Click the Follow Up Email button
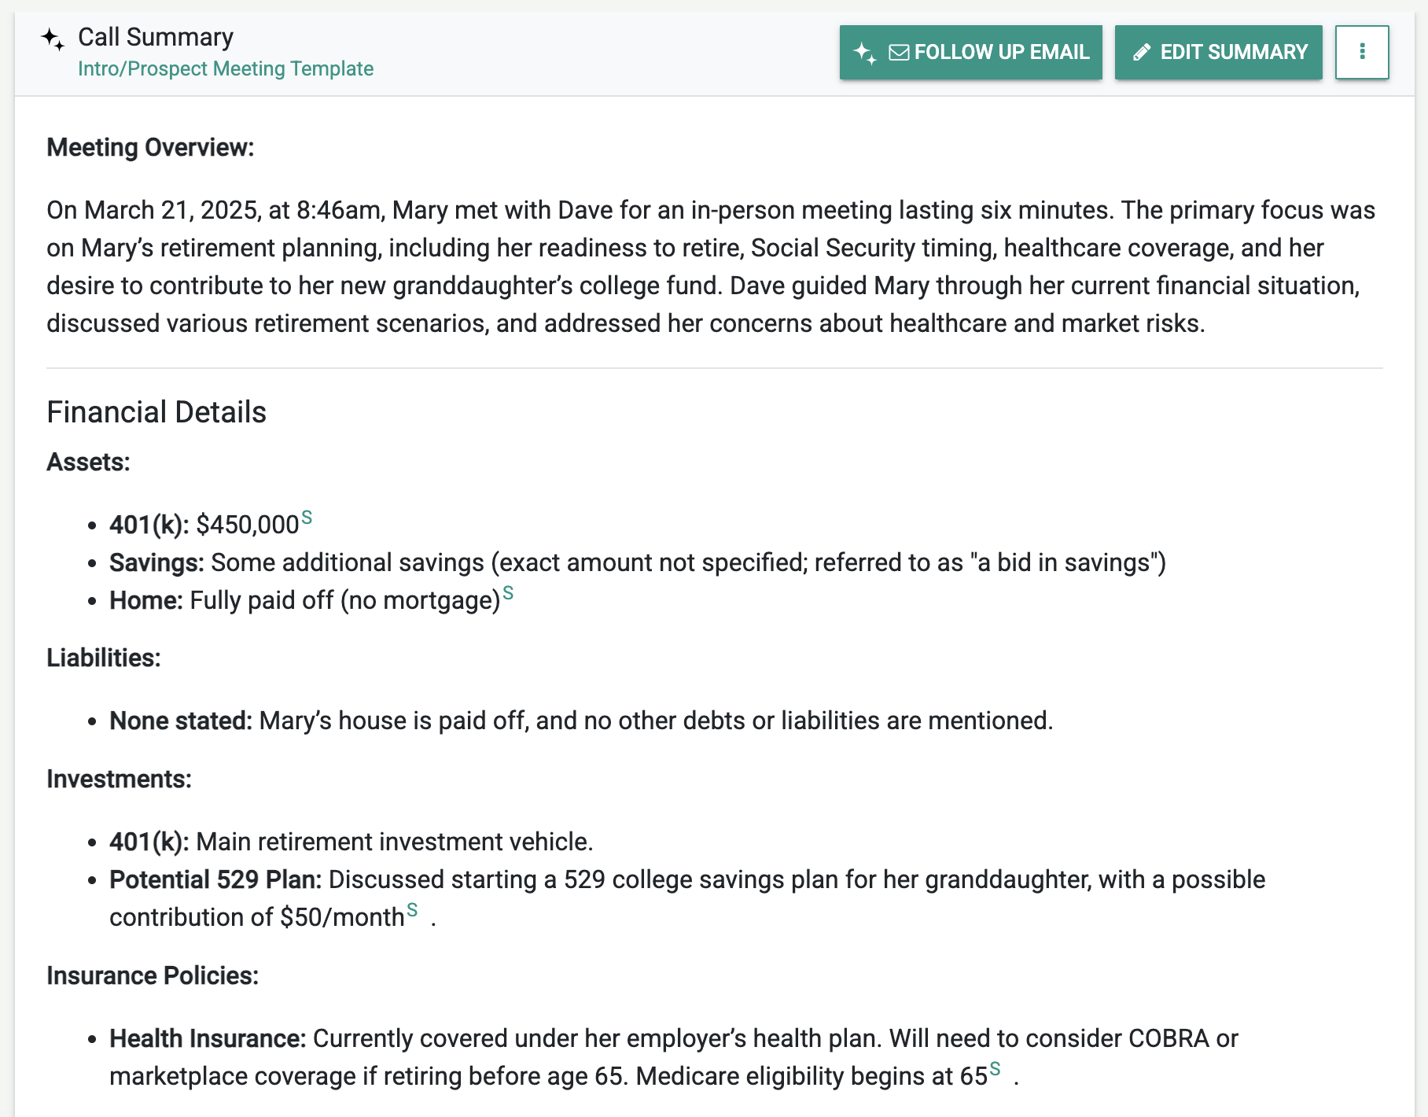click(970, 53)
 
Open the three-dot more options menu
click(1362, 53)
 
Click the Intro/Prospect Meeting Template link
click(226, 69)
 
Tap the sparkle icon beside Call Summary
click(53, 39)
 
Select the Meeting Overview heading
click(150, 148)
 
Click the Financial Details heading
click(156, 412)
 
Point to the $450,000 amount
click(248, 525)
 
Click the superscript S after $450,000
click(307, 518)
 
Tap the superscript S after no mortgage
click(508, 593)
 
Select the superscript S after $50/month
click(412, 910)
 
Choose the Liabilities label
click(104, 658)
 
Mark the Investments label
click(119, 780)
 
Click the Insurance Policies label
click(153, 976)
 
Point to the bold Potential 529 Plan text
click(215, 880)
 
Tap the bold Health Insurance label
click(208, 1039)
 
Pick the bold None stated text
click(181, 721)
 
